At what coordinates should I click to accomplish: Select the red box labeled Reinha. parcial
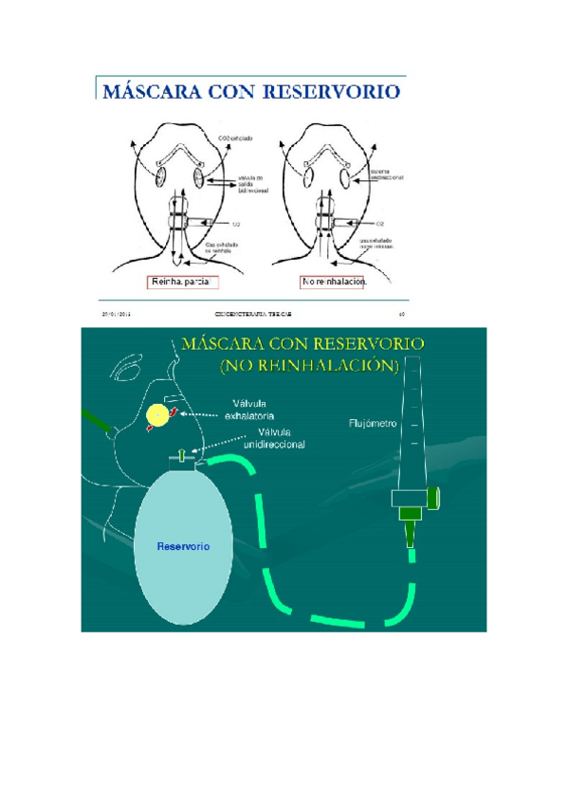182,282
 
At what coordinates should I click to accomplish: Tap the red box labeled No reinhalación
333,282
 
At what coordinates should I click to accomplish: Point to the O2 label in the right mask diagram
379,224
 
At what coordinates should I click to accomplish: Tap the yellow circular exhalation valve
158,413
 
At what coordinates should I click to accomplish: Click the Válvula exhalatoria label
248,409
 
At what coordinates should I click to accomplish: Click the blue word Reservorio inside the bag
182,546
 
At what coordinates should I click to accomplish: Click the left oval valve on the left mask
160,175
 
